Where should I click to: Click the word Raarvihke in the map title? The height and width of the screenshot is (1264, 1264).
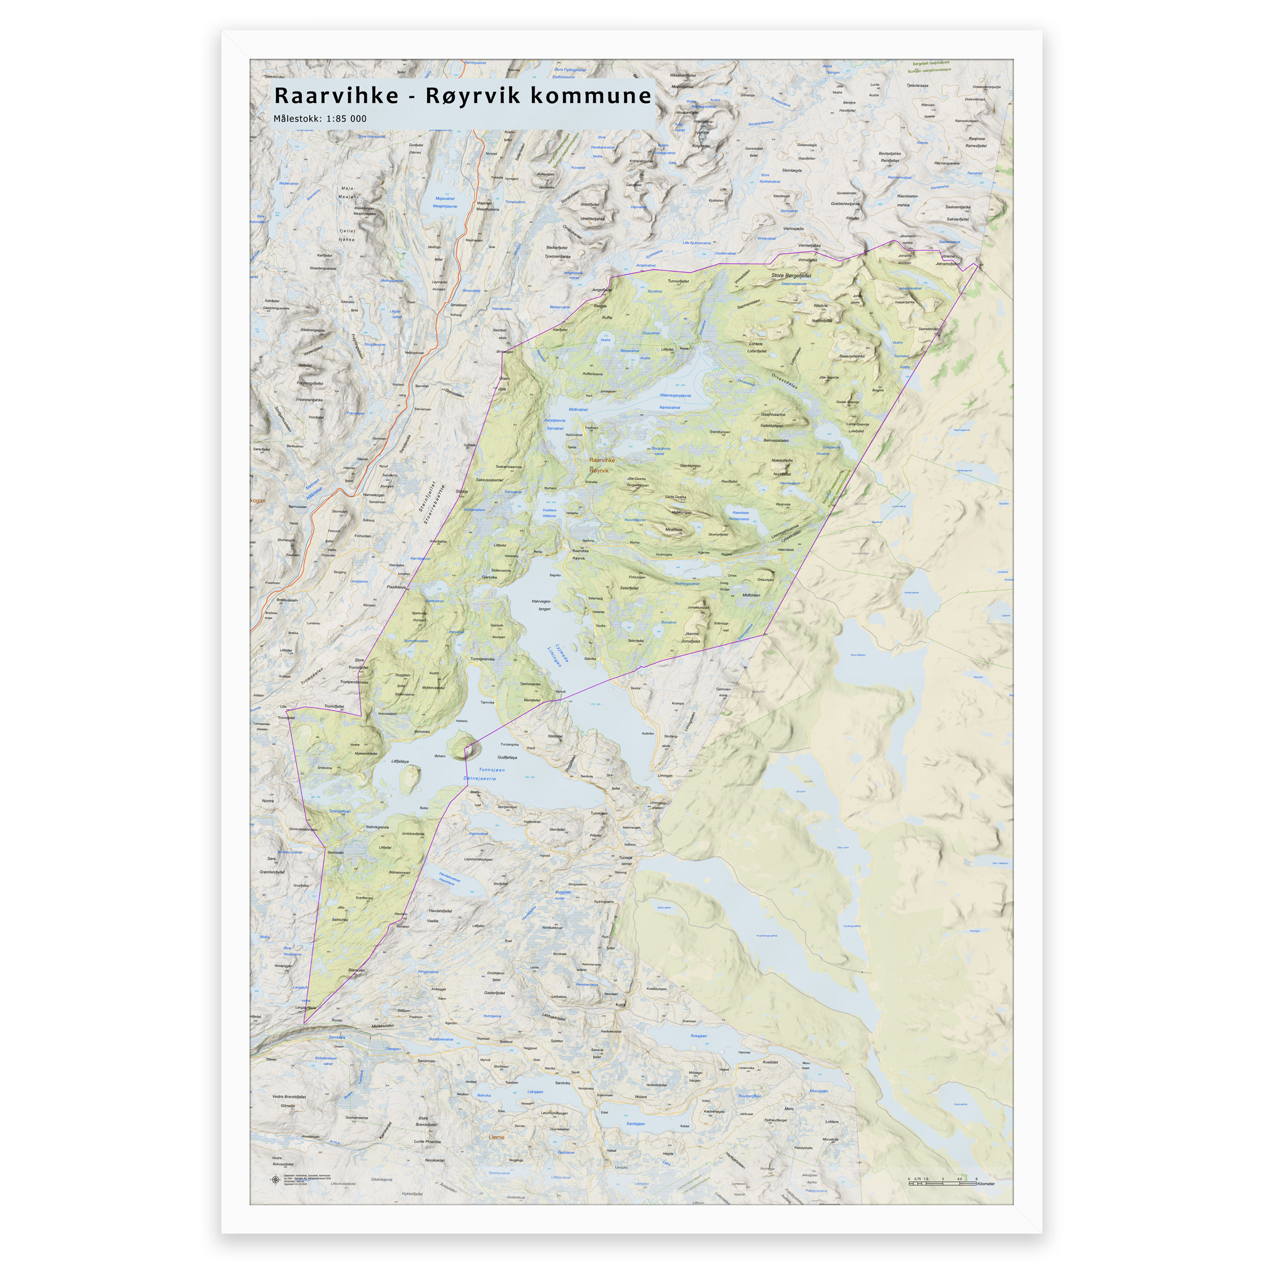[336, 96]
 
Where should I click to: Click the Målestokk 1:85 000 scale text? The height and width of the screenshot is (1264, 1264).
[320, 118]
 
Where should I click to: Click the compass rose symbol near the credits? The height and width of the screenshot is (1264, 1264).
[275, 1180]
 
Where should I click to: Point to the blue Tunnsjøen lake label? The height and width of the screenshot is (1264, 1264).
[491, 770]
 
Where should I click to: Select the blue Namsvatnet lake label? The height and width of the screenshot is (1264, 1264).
[669, 407]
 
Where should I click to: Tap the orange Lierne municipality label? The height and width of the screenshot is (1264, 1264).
[497, 1137]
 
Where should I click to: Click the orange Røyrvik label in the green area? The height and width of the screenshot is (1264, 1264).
[599, 470]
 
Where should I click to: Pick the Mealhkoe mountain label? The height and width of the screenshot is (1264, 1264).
[673, 530]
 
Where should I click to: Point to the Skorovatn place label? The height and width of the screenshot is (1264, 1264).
[335, 852]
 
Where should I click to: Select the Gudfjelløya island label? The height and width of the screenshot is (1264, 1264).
[507, 757]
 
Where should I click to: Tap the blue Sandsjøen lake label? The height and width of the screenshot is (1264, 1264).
[635, 1123]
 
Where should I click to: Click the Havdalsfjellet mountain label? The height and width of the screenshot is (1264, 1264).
[440, 911]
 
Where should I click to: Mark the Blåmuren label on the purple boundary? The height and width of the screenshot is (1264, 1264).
[357, 970]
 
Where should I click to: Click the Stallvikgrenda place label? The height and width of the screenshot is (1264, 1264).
[377, 827]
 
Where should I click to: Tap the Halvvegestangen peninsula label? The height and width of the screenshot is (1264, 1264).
[542, 604]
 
